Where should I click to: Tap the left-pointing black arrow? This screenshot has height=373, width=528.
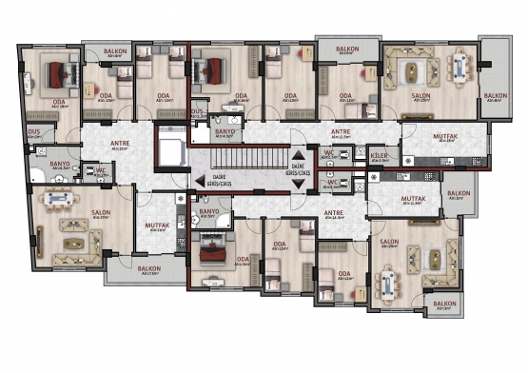coord(199,181)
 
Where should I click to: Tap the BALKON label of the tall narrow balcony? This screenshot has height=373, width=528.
coord(495,95)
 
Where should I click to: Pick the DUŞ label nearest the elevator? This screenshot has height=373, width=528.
coord(198,111)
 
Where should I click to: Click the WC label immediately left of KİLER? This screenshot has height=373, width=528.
coord(328,156)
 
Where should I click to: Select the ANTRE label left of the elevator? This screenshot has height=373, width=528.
coord(120,146)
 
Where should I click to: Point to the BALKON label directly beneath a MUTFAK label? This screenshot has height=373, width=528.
coord(148,269)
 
